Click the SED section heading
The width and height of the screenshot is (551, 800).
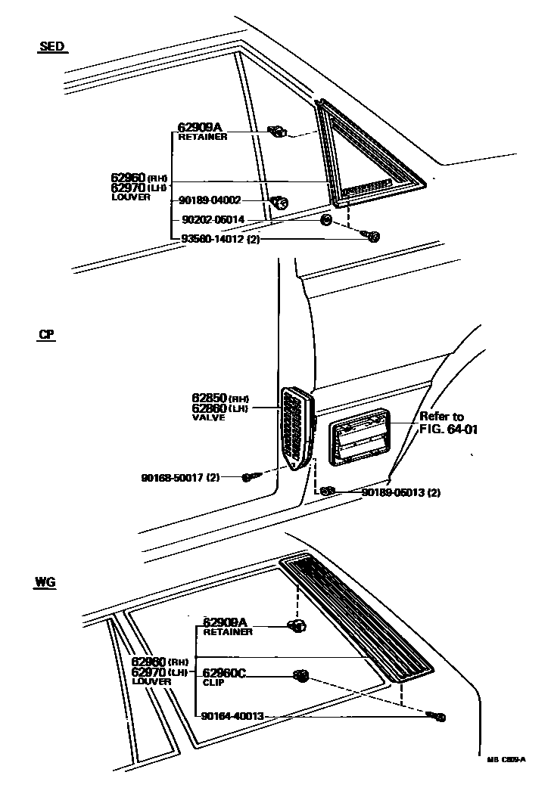tap(51, 47)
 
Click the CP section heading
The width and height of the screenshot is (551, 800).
tap(46, 333)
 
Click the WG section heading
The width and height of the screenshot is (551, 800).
tap(45, 582)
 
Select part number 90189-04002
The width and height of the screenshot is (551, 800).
tap(210, 200)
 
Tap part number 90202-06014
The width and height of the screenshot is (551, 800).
tap(213, 219)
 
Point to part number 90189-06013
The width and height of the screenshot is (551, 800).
tap(394, 492)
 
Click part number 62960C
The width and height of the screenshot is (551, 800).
tap(225, 672)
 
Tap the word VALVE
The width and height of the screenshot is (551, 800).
tap(208, 417)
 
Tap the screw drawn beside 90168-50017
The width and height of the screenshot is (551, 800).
tap(251, 476)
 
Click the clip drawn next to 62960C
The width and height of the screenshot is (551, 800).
tap(300, 675)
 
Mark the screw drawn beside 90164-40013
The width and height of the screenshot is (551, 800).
tap(437, 715)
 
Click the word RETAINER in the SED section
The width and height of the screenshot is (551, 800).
tap(202, 137)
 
